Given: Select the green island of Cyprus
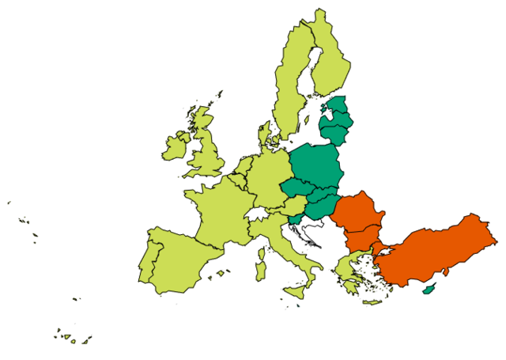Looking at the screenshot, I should pyautogui.click(x=429, y=290).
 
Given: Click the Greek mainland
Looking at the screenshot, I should pyautogui.click(x=348, y=269).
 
